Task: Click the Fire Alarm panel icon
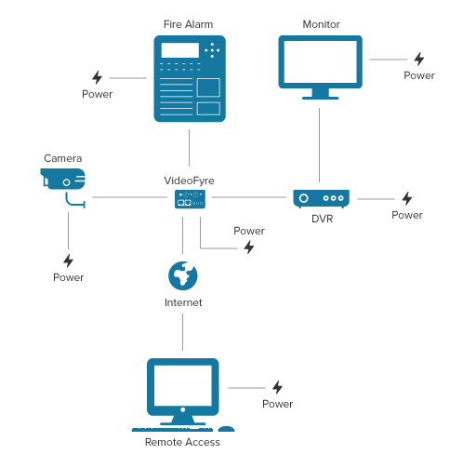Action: click(x=190, y=78)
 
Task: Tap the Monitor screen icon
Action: click(x=320, y=67)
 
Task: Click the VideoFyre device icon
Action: click(x=190, y=199)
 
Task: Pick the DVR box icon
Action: click(x=321, y=198)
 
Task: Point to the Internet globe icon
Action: click(x=183, y=275)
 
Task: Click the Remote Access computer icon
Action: click(x=183, y=395)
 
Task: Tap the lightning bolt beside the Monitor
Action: click(x=419, y=59)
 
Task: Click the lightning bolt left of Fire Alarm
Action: click(x=97, y=77)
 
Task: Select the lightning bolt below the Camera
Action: click(x=68, y=261)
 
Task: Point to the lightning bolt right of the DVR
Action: click(x=407, y=198)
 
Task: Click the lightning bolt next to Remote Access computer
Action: click(x=277, y=387)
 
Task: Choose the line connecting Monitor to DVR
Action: click(x=319, y=145)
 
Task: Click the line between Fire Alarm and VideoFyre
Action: click(x=189, y=148)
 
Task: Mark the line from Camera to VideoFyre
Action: click(x=130, y=197)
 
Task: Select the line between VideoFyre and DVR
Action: click(x=249, y=197)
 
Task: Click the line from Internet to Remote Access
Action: click(x=182, y=332)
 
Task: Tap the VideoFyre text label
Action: click(x=189, y=181)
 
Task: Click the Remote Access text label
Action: click(x=182, y=442)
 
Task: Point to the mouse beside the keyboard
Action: click(x=226, y=429)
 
